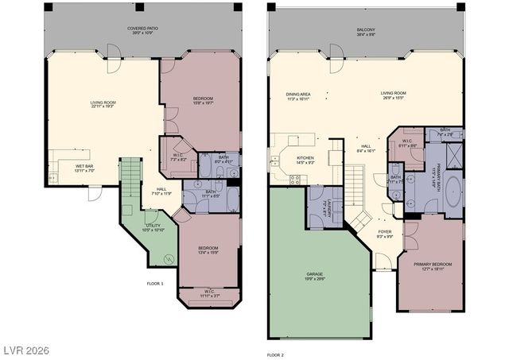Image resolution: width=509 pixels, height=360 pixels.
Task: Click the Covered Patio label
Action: [x=142, y=29]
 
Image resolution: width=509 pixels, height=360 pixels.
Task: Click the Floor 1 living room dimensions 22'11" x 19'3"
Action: [x=103, y=105]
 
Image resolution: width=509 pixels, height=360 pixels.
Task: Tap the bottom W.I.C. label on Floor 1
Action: [x=211, y=292]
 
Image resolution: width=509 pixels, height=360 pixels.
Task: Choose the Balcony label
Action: [x=367, y=29]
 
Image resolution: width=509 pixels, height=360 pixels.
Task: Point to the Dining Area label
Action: [x=299, y=95]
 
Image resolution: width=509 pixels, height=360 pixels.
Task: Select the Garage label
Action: [x=315, y=275]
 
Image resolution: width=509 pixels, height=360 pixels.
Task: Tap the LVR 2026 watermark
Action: [x=25, y=347]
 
